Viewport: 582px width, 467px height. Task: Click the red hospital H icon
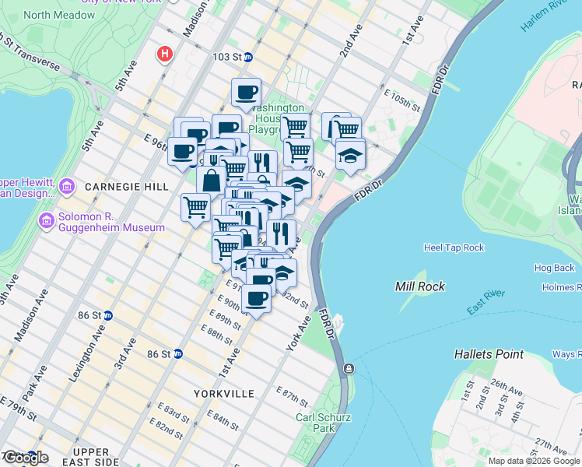164,54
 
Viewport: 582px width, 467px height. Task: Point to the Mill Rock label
420,286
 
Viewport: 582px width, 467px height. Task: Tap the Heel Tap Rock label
454,248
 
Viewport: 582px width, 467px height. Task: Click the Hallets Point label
489,354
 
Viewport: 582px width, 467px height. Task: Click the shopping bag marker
211,181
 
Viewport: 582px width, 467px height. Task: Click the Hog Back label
554,268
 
